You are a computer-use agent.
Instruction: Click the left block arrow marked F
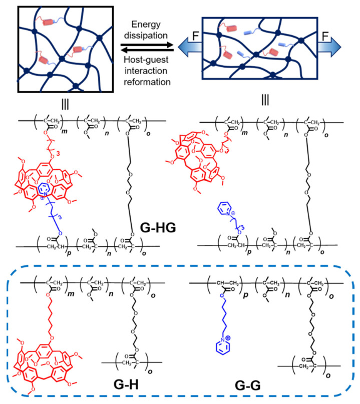tap(186, 50)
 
